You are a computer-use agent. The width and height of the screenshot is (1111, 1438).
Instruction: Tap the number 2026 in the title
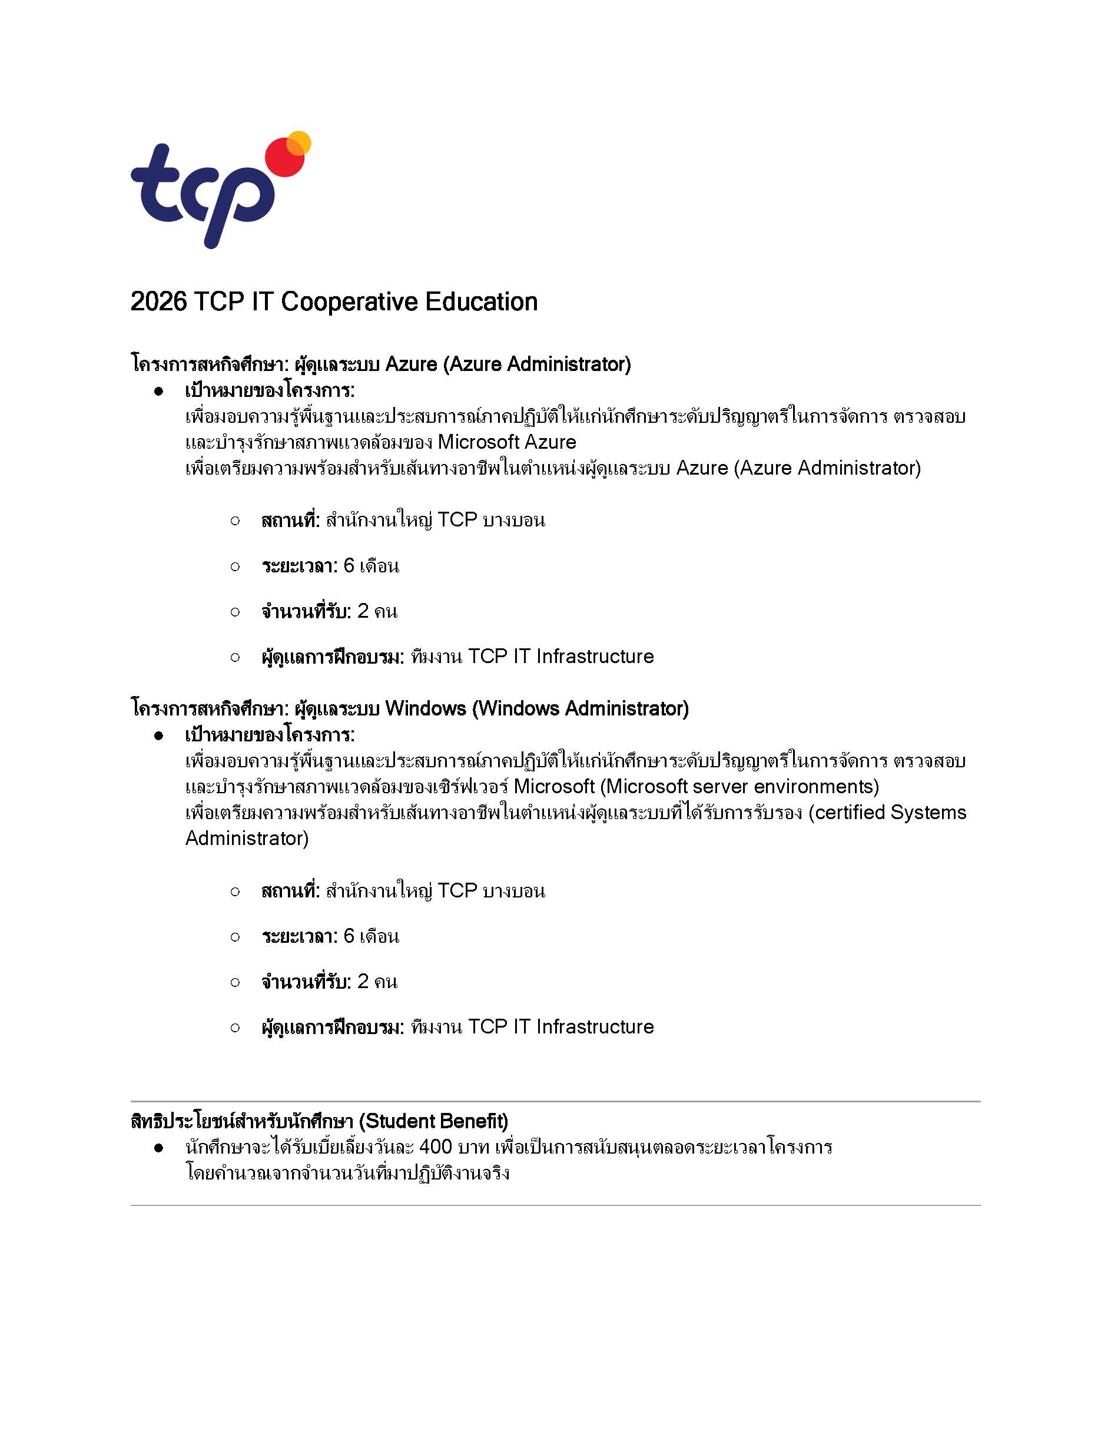pyautogui.click(x=158, y=302)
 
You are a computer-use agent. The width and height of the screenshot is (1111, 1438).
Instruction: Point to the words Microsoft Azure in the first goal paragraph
pyautogui.click(x=507, y=442)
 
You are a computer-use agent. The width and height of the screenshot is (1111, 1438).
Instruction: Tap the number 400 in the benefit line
pyautogui.click(x=436, y=1147)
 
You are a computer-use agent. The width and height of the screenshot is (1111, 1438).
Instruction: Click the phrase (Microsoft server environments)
pyautogui.click(x=740, y=786)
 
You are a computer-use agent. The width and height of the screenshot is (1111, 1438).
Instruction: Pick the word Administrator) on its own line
pyautogui.click(x=247, y=838)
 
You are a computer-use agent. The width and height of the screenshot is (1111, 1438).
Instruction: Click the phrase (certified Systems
pyautogui.click(x=887, y=813)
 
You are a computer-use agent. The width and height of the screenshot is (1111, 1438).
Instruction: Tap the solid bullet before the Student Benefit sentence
pyautogui.click(x=158, y=1148)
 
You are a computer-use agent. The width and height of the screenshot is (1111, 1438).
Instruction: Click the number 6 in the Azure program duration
pyautogui.click(x=349, y=565)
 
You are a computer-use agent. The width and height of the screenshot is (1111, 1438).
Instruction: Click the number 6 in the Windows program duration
pyautogui.click(x=349, y=936)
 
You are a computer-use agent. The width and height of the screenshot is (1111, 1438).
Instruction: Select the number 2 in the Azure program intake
pyautogui.click(x=363, y=611)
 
